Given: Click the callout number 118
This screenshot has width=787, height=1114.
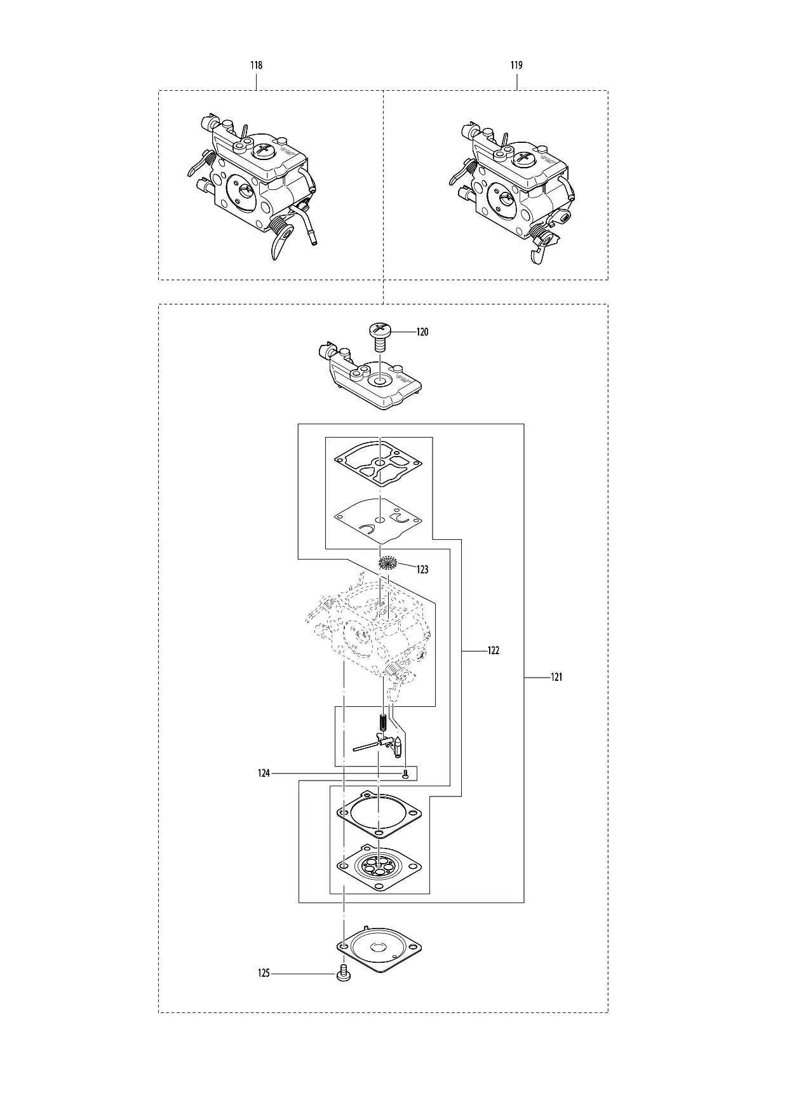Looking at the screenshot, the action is point(257,65).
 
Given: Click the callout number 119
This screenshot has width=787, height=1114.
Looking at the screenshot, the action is point(516,65).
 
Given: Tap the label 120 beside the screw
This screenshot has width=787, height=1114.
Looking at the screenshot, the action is point(422,332).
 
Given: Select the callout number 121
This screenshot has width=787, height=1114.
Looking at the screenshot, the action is point(556,678).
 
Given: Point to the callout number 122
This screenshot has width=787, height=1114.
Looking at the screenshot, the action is point(493,651).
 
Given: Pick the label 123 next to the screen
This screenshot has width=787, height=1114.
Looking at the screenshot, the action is point(422,570).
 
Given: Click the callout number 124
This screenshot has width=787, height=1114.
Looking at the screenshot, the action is point(264,774).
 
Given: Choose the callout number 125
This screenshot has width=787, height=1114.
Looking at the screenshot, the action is point(264,973).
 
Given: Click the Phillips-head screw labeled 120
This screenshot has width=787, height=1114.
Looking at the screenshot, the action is point(380,337).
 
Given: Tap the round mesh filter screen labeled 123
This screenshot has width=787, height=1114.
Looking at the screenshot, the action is point(387,562).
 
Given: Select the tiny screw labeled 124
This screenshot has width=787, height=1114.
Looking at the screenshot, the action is point(405,774).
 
